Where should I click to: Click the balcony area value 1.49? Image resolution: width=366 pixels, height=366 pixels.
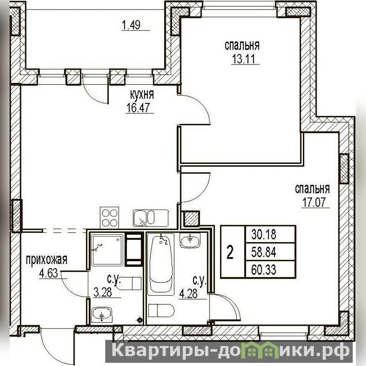click(x=131, y=25)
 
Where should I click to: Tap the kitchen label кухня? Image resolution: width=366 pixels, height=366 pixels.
click(x=142, y=95)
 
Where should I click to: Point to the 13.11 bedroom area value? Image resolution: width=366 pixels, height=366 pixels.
click(x=243, y=59)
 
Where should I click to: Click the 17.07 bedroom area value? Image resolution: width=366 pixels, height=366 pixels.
click(x=313, y=202)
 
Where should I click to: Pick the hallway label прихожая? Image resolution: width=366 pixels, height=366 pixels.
click(x=47, y=260)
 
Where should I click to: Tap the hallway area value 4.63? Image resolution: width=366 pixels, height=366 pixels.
click(x=48, y=273)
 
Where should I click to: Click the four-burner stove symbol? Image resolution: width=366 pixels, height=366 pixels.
click(x=109, y=218)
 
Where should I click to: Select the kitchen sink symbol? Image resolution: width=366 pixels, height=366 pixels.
click(x=151, y=218)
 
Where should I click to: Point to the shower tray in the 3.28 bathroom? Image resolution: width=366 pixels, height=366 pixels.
click(x=107, y=250)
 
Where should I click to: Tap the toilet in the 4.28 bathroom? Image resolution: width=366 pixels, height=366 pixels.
click(x=161, y=310)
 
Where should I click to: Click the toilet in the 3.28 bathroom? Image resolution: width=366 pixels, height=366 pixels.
click(x=129, y=283)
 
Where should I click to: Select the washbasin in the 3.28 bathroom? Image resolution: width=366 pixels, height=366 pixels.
click(x=102, y=315)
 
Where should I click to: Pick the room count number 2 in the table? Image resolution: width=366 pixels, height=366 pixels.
click(x=230, y=253)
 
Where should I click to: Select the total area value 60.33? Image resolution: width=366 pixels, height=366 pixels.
click(x=264, y=269)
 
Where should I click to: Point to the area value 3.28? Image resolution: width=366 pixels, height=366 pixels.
click(x=102, y=292)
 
